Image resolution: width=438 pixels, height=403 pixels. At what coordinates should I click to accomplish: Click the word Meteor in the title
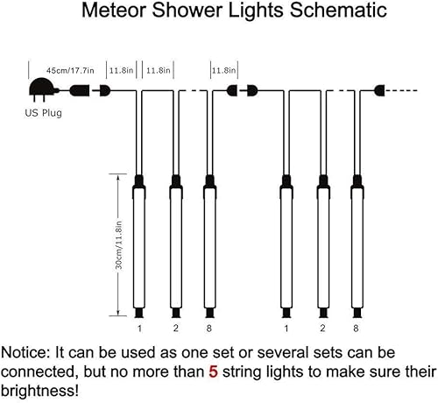pyautogui.click(x=111, y=12)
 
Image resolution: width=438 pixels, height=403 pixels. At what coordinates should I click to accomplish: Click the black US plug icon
pyautogui.click(x=41, y=88)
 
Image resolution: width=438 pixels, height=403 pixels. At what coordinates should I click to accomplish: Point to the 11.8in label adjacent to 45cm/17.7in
pyautogui.click(x=121, y=69)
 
